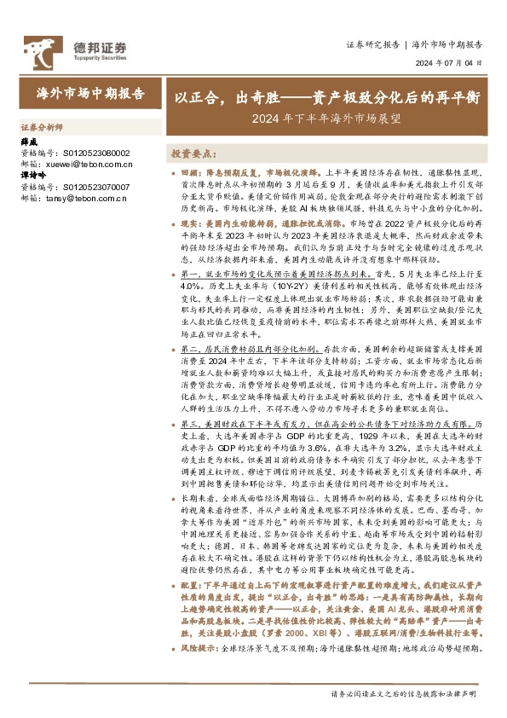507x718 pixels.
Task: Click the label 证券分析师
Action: click(42, 126)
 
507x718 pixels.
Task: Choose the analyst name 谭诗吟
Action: click(34, 177)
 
